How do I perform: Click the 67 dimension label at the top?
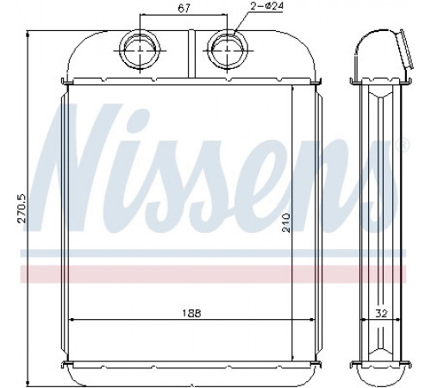(184, 9)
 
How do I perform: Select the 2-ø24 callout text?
(267, 6)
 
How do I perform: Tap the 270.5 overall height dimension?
(22, 209)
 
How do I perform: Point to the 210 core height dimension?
(286, 222)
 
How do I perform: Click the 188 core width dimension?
(191, 313)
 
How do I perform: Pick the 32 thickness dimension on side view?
(381, 313)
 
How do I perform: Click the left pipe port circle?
(140, 50)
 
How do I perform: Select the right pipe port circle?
(228, 50)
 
